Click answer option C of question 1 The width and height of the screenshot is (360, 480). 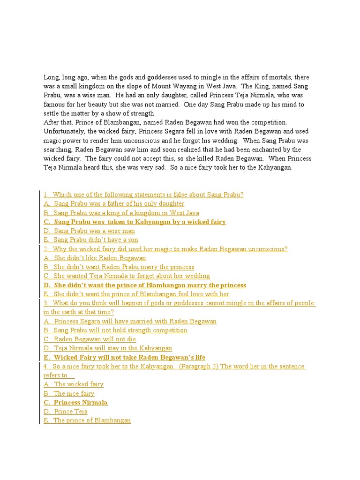[x=135, y=222]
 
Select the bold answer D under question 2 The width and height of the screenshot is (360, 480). [x=145, y=285]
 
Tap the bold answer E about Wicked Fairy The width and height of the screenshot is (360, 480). [x=124, y=357]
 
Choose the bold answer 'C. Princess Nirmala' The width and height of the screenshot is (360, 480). [x=75, y=402]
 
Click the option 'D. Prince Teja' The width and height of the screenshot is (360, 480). [x=66, y=412]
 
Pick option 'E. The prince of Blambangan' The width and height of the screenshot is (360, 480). [x=87, y=420]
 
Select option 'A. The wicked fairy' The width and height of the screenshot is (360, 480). [x=74, y=384]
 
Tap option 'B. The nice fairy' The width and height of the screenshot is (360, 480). [x=69, y=393]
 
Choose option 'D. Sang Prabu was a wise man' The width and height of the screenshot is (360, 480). [x=89, y=231]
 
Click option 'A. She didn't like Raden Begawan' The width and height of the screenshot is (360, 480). [x=95, y=258]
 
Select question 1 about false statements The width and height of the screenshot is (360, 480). [x=143, y=195]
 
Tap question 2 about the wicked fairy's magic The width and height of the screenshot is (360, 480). [x=165, y=249]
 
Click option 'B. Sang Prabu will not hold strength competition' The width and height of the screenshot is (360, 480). [x=115, y=330]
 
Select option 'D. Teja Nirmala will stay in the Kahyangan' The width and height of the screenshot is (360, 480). [x=108, y=348]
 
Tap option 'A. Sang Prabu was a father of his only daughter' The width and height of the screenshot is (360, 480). [x=114, y=203]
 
